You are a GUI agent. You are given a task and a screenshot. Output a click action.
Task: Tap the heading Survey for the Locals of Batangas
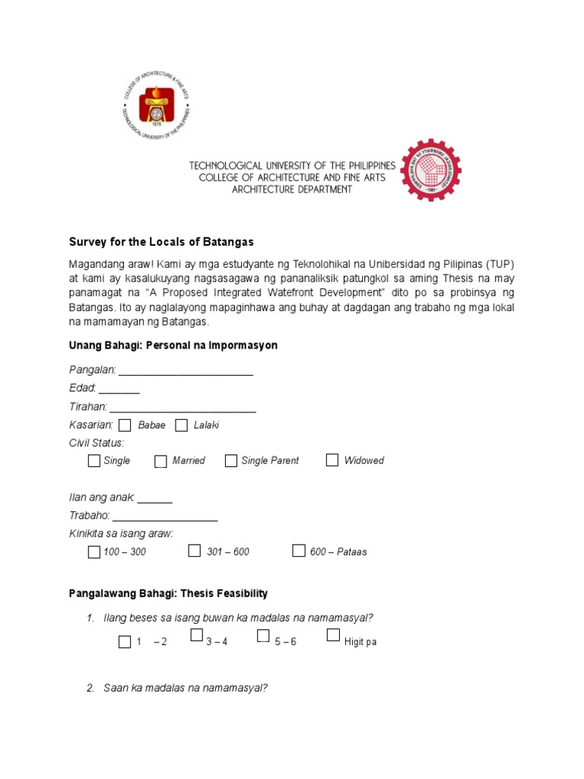point(161,242)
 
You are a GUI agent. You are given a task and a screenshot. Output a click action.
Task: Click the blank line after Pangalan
point(186,373)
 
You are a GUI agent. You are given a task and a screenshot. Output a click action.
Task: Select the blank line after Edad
point(119,390)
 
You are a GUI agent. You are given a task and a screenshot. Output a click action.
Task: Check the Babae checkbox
point(125,425)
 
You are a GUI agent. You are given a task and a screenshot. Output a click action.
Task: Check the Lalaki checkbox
point(181,425)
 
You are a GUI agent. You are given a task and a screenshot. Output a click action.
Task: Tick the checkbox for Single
point(94,460)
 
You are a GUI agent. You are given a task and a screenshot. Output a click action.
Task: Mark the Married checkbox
point(160,461)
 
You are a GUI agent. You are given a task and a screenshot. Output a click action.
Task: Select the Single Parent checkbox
point(230,460)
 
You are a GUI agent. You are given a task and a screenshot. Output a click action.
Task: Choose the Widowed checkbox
point(332,459)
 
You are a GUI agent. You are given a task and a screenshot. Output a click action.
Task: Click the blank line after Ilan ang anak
point(155,500)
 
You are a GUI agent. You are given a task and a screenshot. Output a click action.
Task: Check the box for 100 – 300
point(94,552)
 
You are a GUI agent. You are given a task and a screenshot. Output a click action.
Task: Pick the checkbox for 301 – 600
point(195,551)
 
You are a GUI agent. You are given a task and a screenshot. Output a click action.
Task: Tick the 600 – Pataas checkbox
point(299,551)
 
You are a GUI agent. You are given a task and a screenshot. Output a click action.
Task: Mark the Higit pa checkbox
point(333,635)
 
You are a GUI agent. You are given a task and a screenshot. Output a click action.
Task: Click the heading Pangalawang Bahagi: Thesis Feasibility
point(169,593)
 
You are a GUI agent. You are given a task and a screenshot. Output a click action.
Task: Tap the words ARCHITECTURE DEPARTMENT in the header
point(292,189)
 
